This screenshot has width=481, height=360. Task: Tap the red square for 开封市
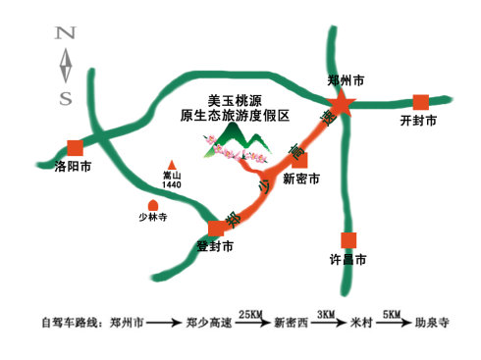(x=421, y=101)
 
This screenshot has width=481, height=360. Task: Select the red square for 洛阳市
(x=75, y=147)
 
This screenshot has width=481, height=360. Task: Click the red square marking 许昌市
(x=347, y=239)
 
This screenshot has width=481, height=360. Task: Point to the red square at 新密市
(x=301, y=160)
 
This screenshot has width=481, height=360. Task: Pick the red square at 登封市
(x=216, y=229)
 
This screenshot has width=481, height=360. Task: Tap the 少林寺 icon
(x=153, y=206)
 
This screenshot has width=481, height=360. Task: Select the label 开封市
(x=419, y=122)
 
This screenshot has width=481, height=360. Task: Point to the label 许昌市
(x=347, y=261)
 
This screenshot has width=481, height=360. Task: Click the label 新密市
(x=301, y=180)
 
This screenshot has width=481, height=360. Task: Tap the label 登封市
(x=215, y=247)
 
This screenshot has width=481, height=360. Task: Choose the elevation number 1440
(x=173, y=184)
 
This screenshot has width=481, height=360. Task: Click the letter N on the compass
(x=66, y=34)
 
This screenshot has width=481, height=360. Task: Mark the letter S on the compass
(x=66, y=97)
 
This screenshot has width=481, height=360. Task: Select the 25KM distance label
(x=250, y=313)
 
